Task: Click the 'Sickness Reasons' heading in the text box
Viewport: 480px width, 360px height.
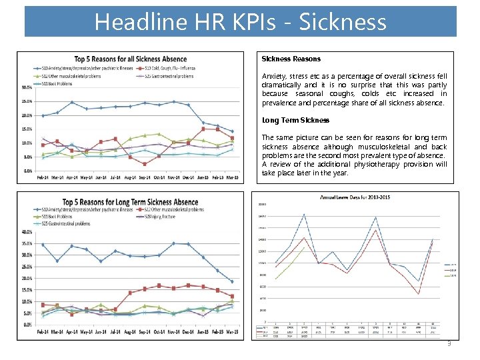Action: coord(291,59)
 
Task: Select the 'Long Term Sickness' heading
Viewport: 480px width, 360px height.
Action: coord(295,120)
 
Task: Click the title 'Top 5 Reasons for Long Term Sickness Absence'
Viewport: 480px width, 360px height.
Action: coord(130,202)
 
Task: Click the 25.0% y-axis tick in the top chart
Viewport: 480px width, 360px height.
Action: coord(27,101)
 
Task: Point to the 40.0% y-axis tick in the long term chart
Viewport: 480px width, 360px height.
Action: coord(27,232)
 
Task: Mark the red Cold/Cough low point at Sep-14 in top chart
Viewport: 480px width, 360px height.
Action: coord(144,163)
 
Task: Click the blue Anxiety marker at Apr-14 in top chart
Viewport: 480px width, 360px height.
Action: coord(72,103)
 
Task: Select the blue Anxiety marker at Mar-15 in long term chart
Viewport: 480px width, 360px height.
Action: coord(231,281)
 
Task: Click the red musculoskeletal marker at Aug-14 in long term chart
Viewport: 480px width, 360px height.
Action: coord(130,293)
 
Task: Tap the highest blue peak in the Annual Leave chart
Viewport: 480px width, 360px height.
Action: coord(304,215)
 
